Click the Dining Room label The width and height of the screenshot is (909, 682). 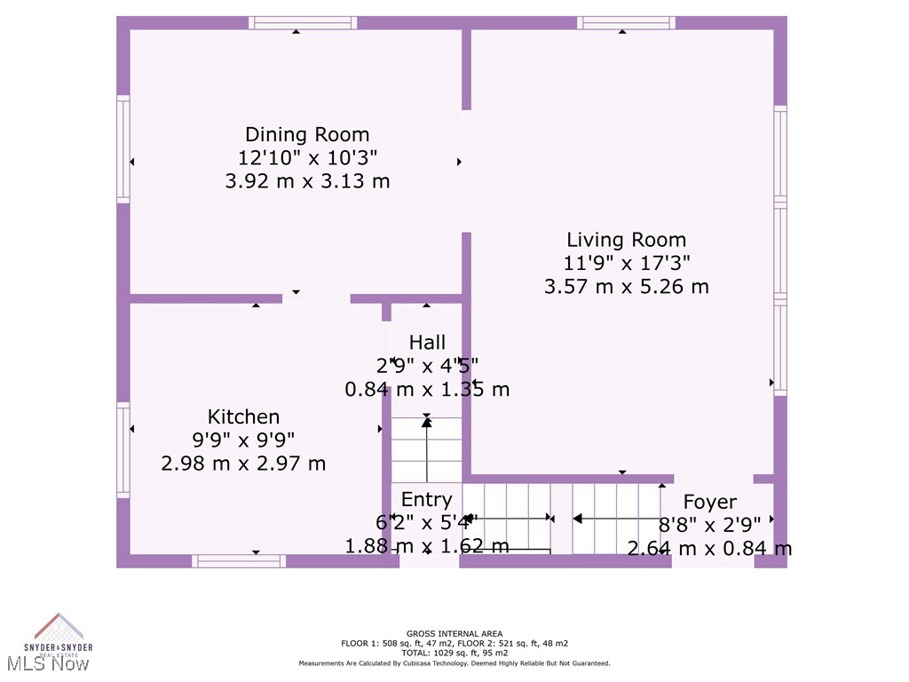pos(307,135)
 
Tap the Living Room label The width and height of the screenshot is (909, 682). pos(627,240)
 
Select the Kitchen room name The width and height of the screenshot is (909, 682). pos(243,416)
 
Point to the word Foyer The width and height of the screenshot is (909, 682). pos(709,503)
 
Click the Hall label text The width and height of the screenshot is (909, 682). pos(427,343)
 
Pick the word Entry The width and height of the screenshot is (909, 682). pos(426,499)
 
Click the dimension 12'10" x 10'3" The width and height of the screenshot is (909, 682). pos(307,158)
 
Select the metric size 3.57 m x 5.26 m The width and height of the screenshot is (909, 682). pos(627,286)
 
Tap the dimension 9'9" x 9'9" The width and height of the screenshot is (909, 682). pos(243,440)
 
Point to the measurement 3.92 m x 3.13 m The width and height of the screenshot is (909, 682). pos(307,181)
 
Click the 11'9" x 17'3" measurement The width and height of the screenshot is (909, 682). pos(627,263)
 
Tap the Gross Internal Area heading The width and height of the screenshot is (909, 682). pos(454,633)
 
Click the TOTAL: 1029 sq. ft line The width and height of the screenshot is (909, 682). pos(454,653)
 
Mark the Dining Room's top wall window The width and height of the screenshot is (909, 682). pos(303,23)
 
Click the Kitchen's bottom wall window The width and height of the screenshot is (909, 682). pos(239,560)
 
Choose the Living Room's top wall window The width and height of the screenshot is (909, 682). pos(626,23)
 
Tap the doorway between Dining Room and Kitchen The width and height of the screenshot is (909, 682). pos(316,298)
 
